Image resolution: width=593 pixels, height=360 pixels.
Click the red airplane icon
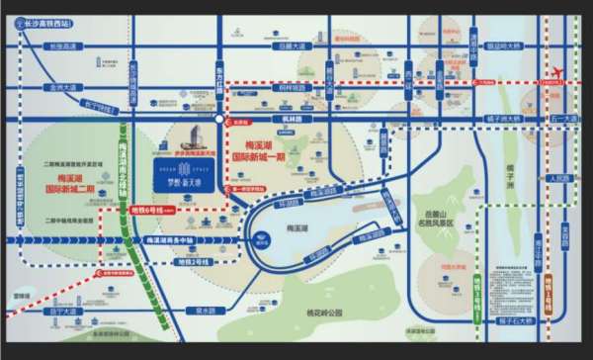point(555,75)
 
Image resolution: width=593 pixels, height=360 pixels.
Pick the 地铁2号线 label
point(188,262)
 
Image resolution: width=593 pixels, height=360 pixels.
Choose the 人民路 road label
point(558,179)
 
